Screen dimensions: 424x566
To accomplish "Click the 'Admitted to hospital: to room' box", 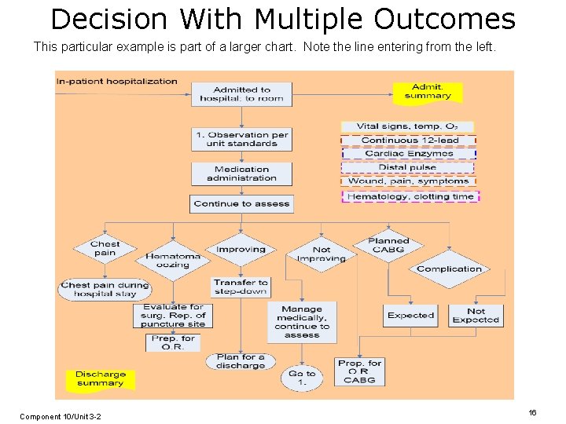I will point(241,94).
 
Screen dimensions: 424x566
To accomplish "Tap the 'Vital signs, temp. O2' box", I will point(407,126).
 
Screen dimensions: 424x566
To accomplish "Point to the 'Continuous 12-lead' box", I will point(408,141).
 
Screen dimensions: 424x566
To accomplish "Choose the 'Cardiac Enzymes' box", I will point(408,154).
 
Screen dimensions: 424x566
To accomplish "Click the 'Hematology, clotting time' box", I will point(410,196).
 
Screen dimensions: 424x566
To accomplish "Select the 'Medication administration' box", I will point(241,174).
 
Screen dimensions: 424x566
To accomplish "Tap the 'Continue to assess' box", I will point(241,203).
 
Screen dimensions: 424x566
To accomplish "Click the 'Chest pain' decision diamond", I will point(105,248).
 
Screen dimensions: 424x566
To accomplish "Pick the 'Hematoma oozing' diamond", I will point(172,260).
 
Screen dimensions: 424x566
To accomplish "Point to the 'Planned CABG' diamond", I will point(388,246).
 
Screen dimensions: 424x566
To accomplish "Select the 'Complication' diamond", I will point(449,269).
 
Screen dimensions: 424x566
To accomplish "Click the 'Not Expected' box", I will point(476,315).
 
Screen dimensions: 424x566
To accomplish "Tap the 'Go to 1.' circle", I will point(302,378).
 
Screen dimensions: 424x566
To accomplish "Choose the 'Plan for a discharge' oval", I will point(240,361).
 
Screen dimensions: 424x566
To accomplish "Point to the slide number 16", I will point(532,412).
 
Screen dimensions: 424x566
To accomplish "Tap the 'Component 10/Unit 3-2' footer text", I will point(60,416).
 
